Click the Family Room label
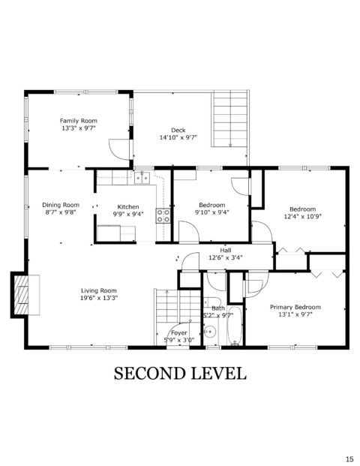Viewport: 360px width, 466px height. pyautogui.click(x=79, y=121)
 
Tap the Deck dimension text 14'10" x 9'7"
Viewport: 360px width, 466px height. pyautogui.click(x=178, y=137)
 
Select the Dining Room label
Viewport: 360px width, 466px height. pyautogui.click(x=61, y=205)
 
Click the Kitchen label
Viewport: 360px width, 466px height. pyautogui.click(x=128, y=206)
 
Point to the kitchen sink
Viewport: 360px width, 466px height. pyautogui.click(x=142, y=178)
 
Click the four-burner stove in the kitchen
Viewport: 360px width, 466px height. pyautogui.click(x=163, y=216)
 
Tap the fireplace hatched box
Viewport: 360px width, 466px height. pyautogui.click(x=22, y=295)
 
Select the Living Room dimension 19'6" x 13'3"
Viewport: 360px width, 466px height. pyautogui.click(x=99, y=298)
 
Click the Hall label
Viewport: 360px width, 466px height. pyautogui.click(x=226, y=250)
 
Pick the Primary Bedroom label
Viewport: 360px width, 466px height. pyautogui.click(x=295, y=307)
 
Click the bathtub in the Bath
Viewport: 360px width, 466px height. pyautogui.click(x=235, y=326)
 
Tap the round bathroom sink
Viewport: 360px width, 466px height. pyautogui.click(x=210, y=332)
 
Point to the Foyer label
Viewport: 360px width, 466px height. pyautogui.click(x=178, y=333)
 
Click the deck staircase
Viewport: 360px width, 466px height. pyautogui.click(x=230, y=119)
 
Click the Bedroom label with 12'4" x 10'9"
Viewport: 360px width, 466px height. pyautogui.click(x=303, y=209)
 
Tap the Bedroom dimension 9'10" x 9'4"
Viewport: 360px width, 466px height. pyautogui.click(x=212, y=212)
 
